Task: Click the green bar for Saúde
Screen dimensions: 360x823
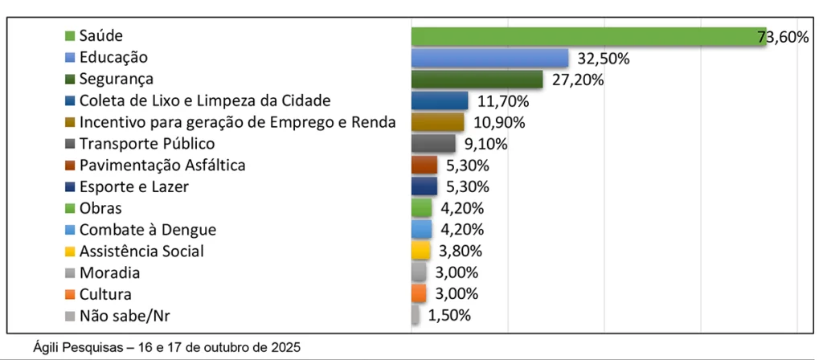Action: (x=587, y=37)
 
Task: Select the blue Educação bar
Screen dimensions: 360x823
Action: (x=489, y=59)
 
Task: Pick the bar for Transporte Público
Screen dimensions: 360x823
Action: (x=432, y=144)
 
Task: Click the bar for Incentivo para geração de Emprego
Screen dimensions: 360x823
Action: (x=437, y=122)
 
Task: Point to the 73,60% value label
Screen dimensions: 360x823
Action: (x=783, y=37)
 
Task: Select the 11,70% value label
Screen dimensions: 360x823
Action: (x=503, y=101)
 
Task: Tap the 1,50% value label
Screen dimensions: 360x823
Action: (x=448, y=315)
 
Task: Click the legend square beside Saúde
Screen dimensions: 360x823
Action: (x=69, y=36)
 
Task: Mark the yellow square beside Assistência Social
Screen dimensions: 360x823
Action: (x=69, y=251)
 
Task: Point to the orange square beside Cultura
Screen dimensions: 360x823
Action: (x=69, y=294)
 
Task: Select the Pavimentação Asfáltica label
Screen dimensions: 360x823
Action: (x=162, y=165)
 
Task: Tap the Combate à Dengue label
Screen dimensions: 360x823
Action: (x=147, y=230)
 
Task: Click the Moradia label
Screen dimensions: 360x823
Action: (x=109, y=272)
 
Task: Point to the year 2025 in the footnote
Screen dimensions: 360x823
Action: (x=285, y=348)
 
